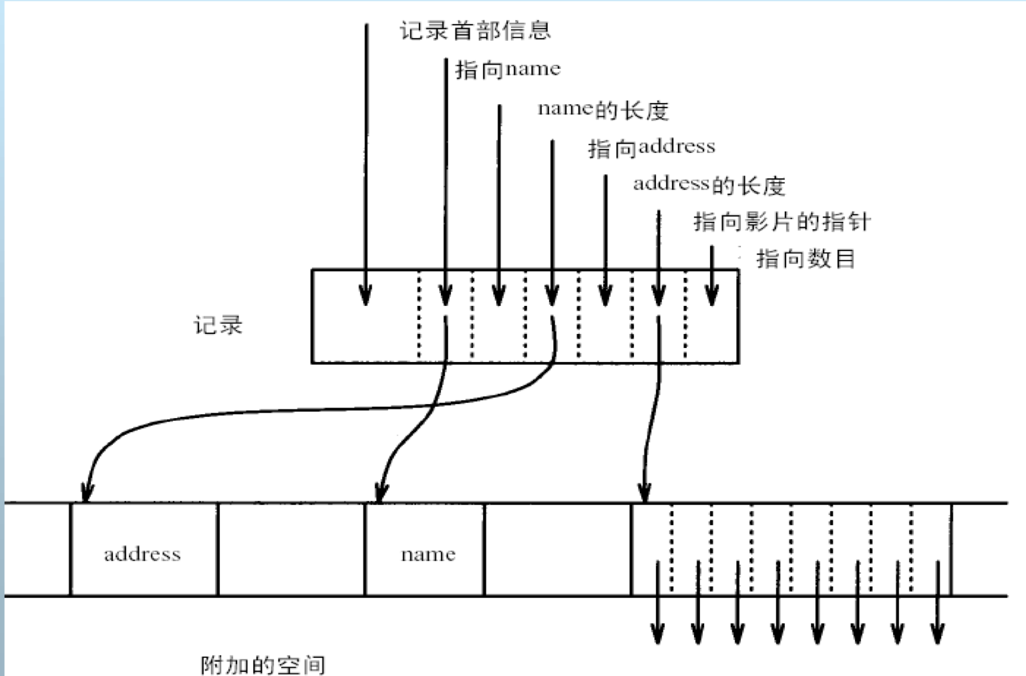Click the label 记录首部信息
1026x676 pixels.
pyautogui.click(x=475, y=31)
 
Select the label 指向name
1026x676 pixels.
pyautogui.click(x=508, y=69)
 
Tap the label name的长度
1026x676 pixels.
pyautogui.click(x=603, y=109)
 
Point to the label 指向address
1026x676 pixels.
pyautogui.click(x=651, y=147)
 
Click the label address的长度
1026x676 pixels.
pyautogui.click(x=709, y=184)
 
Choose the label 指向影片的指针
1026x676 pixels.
pyautogui.click(x=782, y=222)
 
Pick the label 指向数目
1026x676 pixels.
pyautogui.click(x=806, y=259)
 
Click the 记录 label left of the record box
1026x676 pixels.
pyautogui.click(x=218, y=325)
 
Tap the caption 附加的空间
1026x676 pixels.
pyautogui.click(x=263, y=665)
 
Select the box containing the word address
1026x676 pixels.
pyautogui.click(x=144, y=549)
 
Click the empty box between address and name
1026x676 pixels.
pyautogui.click(x=291, y=549)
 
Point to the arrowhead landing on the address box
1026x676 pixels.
pyautogui.click(x=86, y=493)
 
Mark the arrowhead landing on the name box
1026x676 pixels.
pyautogui.click(x=381, y=493)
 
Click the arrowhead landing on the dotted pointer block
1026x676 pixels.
pyautogui.click(x=645, y=493)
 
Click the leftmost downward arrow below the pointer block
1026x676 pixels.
pyautogui.click(x=657, y=631)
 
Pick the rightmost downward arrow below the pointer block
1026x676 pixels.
pyautogui.click(x=938, y=631)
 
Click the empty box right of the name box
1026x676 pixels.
pyautogui.click(x=558, y=549)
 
